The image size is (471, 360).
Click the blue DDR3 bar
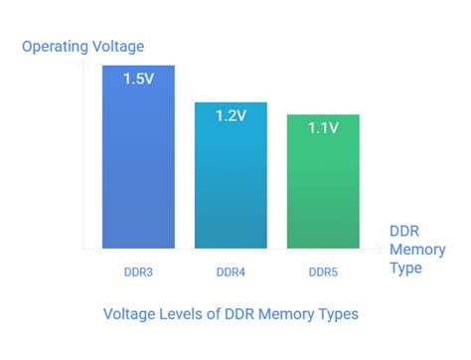click(138, 159)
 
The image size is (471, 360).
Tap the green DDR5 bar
click(323, 184)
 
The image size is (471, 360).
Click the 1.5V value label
click(138, 80)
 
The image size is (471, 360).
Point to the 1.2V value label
click(231, 115)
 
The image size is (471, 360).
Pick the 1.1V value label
click(323, 128)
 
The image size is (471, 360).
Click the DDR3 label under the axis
click(138, 270)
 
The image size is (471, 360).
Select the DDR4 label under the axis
click(231, 270)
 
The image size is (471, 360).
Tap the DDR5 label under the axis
click(323, 270)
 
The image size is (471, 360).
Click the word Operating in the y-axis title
click(54, 46)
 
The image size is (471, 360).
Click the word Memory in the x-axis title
click(417, 249)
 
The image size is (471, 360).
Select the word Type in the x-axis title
click(406, 268)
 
